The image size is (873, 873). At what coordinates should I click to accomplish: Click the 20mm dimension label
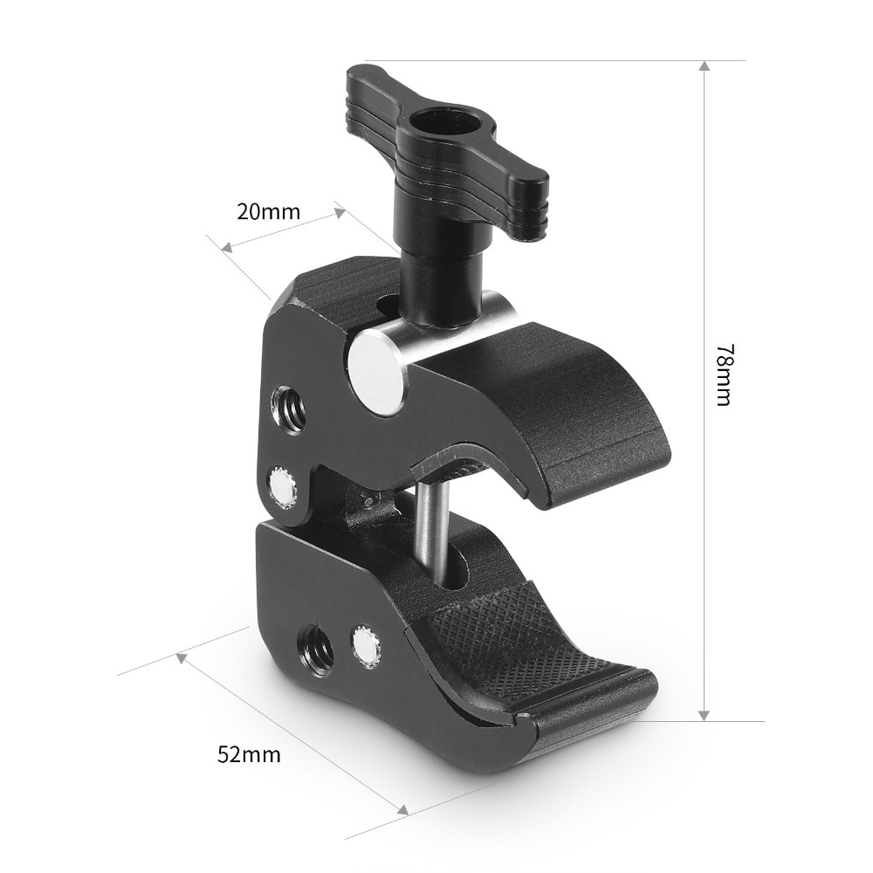[x=268, y=211]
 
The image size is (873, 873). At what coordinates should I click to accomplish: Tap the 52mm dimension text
[x=249, y=753]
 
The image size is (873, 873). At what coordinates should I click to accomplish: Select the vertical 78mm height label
[x=724, y=375]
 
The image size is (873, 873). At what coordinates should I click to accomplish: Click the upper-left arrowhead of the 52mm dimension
[x=182, y=657]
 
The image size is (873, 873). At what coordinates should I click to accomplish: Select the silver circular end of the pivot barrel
[x=375, y=374]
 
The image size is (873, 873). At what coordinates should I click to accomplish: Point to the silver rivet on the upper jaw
[x=282, y=487]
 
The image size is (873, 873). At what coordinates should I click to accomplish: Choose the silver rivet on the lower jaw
[x=366, y=646]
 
